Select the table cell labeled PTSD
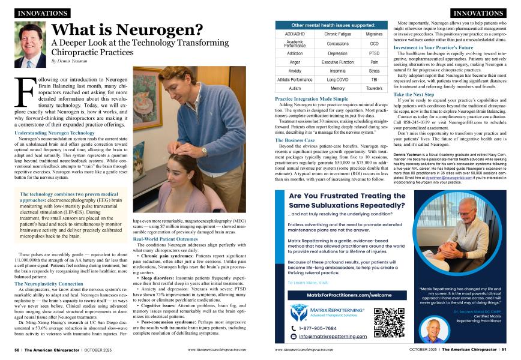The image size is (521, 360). tap(374, 53)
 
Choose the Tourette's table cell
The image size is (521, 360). tap(374, 88)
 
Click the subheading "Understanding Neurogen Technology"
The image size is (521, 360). tap(55, 132)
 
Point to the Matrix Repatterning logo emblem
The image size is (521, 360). tap(298, 312)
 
